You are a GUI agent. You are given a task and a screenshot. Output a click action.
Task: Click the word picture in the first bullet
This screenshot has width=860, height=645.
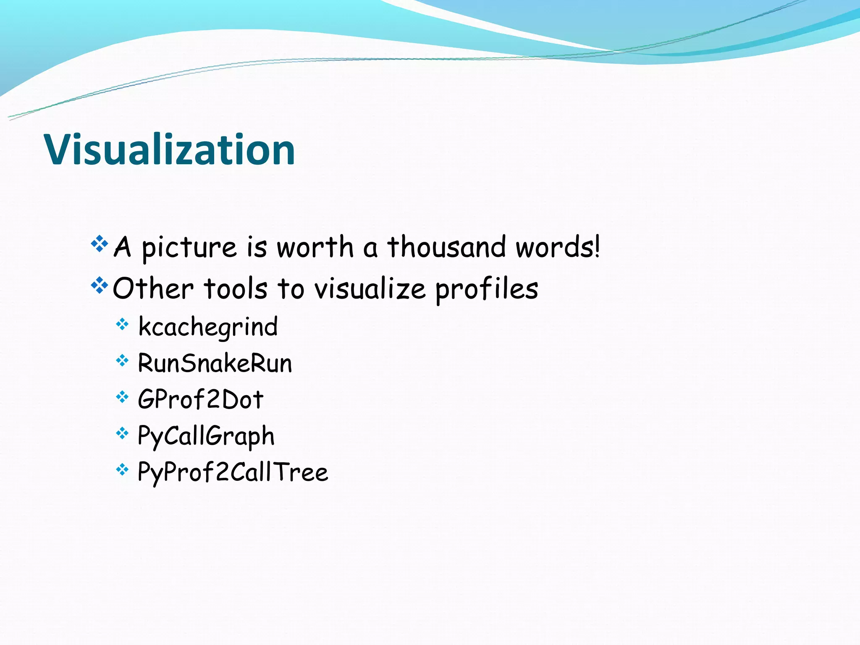pos(189,248)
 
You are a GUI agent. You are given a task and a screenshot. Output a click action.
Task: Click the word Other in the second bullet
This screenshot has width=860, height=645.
pos(153,289)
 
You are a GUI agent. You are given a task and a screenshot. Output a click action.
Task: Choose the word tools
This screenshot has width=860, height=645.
pos(236,289)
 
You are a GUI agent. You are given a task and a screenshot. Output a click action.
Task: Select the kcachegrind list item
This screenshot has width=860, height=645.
pos(208,327)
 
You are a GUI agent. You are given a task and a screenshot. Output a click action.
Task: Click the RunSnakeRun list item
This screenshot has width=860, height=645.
pos(215,363)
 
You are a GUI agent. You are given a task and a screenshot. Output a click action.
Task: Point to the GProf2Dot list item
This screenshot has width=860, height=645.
pos(200,399)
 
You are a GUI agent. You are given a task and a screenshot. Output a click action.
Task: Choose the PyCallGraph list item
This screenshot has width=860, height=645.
pos(206,436)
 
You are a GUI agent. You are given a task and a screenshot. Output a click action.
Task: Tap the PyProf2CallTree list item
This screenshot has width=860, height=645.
pos(233,472)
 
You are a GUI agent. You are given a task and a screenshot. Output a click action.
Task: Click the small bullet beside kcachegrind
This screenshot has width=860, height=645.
pos(122,324)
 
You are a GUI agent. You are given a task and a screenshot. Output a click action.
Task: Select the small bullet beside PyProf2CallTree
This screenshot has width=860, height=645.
pos(122,469)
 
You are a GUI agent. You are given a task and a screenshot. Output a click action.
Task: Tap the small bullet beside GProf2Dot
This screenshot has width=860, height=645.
pos(122,396)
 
